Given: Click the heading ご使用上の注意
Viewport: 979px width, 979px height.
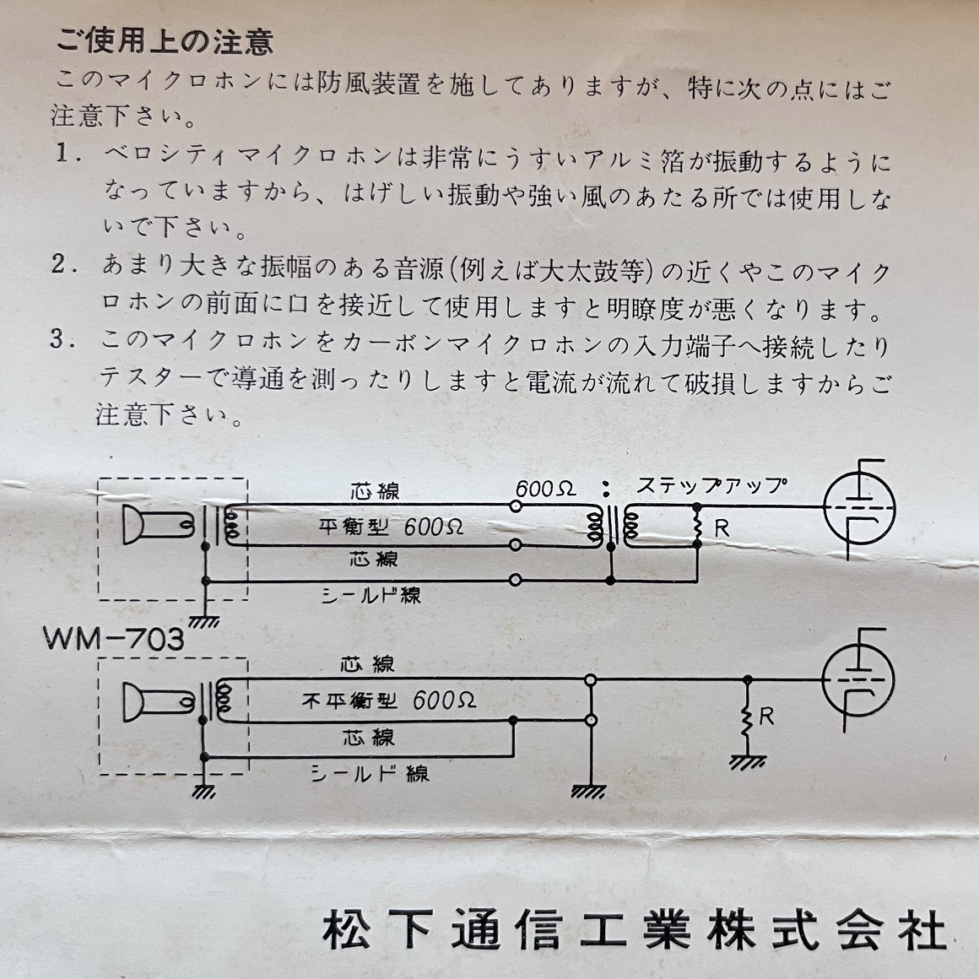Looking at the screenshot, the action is (165, 41).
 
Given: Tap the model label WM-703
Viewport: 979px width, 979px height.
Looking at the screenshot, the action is (114, 639).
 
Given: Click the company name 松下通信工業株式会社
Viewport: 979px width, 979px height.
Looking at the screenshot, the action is (634, 930).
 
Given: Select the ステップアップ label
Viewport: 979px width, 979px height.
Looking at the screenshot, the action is (711, 485).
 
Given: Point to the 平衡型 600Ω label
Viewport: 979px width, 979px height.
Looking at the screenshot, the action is (391, 527).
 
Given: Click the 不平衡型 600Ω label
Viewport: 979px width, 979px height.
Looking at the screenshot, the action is (389, 700).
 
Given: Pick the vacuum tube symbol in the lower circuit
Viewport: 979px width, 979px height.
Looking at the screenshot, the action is (858, 680).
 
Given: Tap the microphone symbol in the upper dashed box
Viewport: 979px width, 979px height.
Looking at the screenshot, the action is (158, 524).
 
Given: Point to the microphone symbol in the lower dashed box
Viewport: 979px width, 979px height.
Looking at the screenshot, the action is (158, 702).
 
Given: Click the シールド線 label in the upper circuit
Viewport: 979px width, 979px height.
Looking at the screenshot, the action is (371, 595).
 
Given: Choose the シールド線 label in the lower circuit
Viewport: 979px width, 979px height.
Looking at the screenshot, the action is (370, 774).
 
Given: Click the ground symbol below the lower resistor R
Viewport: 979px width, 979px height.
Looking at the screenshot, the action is (748, 762).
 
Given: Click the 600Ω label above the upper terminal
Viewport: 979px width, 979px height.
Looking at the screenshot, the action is (545, 489).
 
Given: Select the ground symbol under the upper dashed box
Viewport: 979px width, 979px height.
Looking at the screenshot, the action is (204, 621).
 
